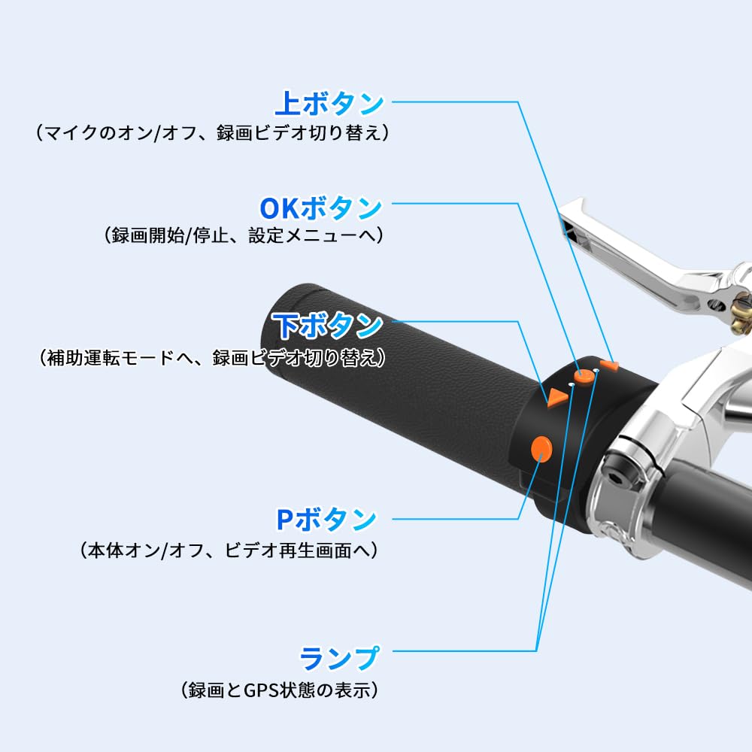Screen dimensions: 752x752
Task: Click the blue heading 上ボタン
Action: coord(330,103)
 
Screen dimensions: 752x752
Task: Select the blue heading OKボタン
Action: coord(321,207)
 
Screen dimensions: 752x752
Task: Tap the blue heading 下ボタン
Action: coord(328,326)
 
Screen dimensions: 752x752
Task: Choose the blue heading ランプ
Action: coord(340,658)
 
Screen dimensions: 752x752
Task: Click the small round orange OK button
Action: coord(583,375)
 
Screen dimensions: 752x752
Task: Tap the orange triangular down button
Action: coord(556,397)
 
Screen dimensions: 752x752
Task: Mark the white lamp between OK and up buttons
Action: coord(596,371)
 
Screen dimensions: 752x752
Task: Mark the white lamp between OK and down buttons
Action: coord(572,384)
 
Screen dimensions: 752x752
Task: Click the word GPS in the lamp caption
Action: coord(262,689)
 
